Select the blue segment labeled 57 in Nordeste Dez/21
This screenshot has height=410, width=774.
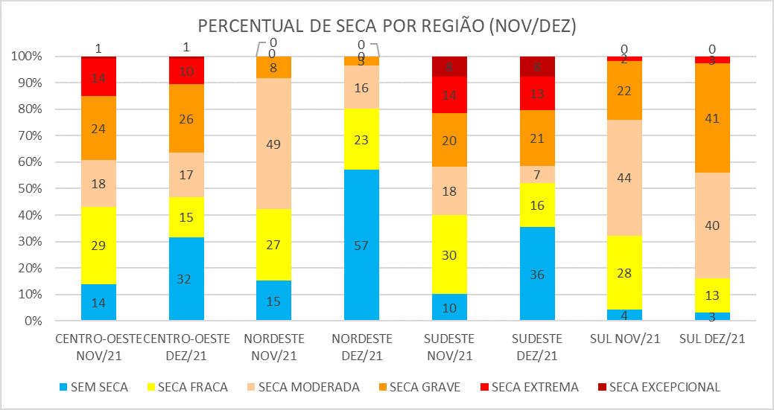point(361,246)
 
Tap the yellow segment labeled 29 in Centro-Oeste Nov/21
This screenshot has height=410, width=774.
point(98,245)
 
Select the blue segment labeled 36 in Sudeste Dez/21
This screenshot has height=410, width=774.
point(537,274)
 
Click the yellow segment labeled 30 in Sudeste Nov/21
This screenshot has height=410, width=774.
point(449,254)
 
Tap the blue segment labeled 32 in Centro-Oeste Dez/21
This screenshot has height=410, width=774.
point(186,279)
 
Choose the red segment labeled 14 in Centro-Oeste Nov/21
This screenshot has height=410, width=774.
point(98,77)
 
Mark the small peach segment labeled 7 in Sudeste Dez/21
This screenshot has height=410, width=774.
point(537,174)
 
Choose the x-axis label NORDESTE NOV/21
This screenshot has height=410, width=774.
point(273,346)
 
